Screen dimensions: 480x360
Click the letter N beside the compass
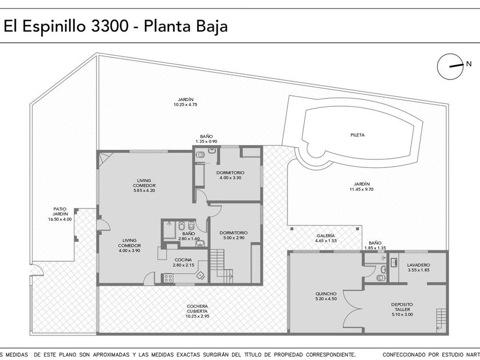point(469,64)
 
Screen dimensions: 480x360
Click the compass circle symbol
point(450,66)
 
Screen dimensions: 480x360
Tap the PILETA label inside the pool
point(357,135)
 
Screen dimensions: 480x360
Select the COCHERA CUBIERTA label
point(197,309)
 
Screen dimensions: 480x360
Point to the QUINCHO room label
point(326,294)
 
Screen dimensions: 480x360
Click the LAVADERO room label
point(418,265)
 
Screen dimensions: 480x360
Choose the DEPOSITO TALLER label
point(402,307)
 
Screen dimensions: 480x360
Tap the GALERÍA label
point(326,235)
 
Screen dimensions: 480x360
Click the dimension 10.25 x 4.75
point(186,105)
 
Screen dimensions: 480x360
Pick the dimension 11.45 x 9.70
point(362,189)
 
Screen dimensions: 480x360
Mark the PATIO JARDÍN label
point(59,211)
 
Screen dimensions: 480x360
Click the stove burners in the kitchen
point(168,278)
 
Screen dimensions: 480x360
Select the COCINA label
point(183,260)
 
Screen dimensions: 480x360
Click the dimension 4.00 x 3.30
point(230,178)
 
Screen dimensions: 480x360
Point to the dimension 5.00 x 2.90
point(234,238)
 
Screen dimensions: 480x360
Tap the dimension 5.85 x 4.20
point(144,190)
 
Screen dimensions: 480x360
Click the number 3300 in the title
point(110,26)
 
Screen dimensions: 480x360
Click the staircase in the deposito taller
point(441,320)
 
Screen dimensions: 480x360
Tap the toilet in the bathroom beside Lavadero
point(381,278)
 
